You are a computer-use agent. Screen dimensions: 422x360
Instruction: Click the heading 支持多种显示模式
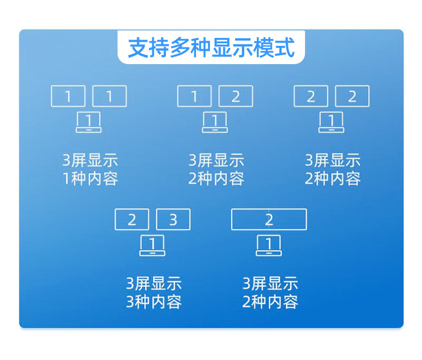click(211, 48)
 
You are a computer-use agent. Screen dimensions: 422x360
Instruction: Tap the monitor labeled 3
click(173, 220)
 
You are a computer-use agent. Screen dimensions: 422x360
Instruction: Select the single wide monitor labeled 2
click(269, 220)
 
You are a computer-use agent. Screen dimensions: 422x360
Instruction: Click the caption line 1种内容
click(90, 178)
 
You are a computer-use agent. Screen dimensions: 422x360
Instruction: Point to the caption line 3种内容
click(154, 302)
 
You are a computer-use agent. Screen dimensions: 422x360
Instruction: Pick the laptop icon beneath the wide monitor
click(269, 246)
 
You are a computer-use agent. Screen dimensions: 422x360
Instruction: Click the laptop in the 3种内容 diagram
click(152, 246)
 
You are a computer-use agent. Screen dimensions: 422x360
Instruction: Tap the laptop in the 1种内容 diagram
click(89, 122)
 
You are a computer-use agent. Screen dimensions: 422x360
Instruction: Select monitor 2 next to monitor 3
click(132, 220)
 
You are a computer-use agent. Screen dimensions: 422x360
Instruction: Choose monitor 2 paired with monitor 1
click(236, 96)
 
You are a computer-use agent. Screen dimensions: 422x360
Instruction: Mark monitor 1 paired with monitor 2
click(194, 96)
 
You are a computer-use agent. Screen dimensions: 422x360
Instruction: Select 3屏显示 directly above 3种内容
click(154, 284)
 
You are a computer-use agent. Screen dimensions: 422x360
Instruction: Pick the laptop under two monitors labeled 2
click(331, 122)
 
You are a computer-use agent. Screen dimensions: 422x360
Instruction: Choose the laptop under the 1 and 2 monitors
click(215, 122)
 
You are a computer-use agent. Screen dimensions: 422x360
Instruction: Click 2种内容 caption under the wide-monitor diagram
click(270, 302)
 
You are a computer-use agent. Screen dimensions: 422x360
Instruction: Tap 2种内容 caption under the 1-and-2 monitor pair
click(216, 178)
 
